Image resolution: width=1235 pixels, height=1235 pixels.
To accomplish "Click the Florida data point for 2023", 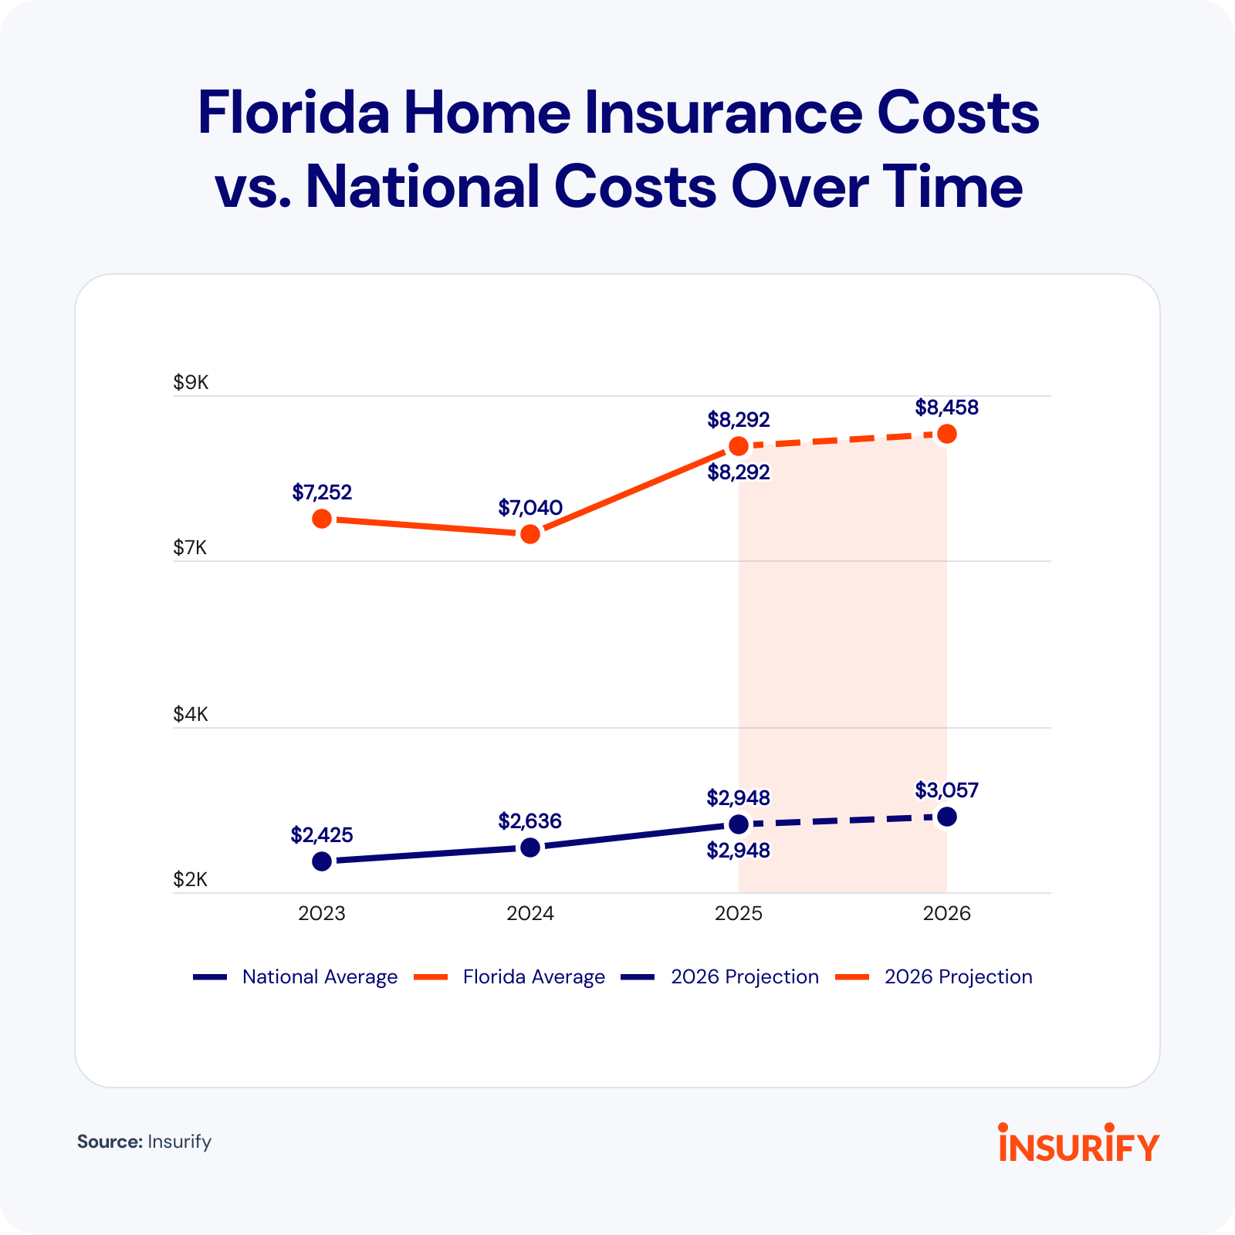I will [x=322, y=519].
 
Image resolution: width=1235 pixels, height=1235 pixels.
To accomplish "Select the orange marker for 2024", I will [x=530, y=533].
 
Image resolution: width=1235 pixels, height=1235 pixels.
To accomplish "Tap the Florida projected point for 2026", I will [x=947, y=434].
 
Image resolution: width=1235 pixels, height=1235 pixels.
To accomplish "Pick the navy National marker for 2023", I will [x=322, y=861].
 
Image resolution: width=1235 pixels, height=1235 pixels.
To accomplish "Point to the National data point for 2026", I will [x=947, y=817].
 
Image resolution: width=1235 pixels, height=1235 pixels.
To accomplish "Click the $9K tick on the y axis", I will [x=191, y=383].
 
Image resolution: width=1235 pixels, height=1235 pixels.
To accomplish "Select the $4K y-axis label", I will [x=191, y=714].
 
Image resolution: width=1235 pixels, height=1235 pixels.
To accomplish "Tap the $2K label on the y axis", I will [x=191, y=880].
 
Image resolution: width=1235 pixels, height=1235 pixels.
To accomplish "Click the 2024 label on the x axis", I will [x=530, y=914].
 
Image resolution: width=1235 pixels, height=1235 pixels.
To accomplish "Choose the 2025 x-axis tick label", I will [x=739, y=914].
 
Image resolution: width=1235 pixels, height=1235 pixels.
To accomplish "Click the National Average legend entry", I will [x=319, y=977].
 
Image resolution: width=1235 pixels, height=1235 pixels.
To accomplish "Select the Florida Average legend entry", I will [x=533, y=977].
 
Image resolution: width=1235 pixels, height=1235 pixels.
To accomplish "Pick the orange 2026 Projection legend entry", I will [x=957, y=977].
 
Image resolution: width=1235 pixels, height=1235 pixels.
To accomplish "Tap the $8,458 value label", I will [x=947, y=408].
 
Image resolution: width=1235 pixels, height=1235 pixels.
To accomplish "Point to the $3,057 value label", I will [x=947, y=790].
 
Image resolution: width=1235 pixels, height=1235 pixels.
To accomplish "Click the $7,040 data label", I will [x=530, y=508].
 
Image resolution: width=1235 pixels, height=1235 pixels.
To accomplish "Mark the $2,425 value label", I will [x=322, y=834].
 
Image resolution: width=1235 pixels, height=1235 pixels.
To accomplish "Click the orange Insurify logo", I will [x=1078, y=1144].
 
